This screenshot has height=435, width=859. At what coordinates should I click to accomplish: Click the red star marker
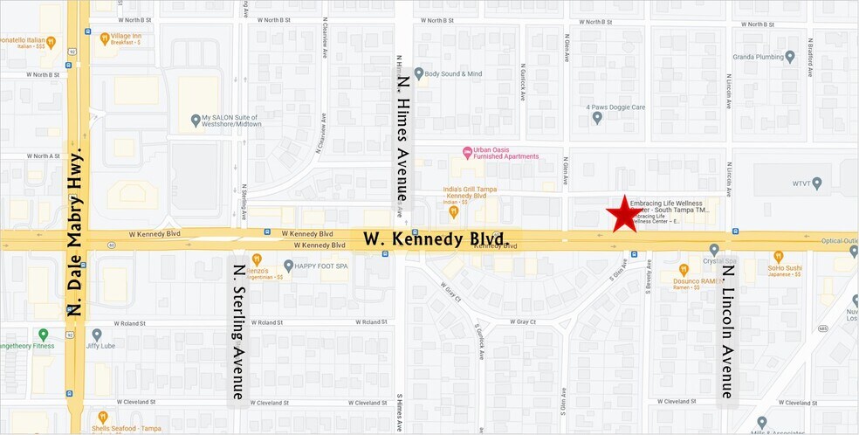pyautogui.click(x=624, y=216)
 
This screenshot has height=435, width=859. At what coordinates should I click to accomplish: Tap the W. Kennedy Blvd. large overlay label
pyautogui.click(x=436, y=238)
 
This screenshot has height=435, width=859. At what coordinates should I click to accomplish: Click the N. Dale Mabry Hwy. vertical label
pyautogui.click(x=78, y=231)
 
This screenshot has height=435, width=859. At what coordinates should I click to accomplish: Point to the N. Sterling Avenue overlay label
pyautogui.click(x=237, y=329)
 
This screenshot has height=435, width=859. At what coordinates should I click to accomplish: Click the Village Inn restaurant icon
pyautogui.click(x=104, y=38)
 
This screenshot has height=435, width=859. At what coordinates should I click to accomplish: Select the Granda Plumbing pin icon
pyautogui.click(x=790, y=57)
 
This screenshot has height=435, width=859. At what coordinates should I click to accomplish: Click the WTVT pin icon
pyautogui.click(x=817, y=183)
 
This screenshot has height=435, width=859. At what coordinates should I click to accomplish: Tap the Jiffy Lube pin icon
pyautogui.click(x=97, y=334)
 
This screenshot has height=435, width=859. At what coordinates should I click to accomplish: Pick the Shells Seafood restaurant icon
pyautogui.click(x=103, y=418)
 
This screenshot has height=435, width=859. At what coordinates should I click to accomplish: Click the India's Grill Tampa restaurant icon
pyautogui.click(x=453, y=211)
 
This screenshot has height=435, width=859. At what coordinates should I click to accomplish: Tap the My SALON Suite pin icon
pyautogui.click(x=195, y=120)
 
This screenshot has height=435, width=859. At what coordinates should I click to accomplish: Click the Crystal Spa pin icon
pyautogui.click(x=714, y=250)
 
